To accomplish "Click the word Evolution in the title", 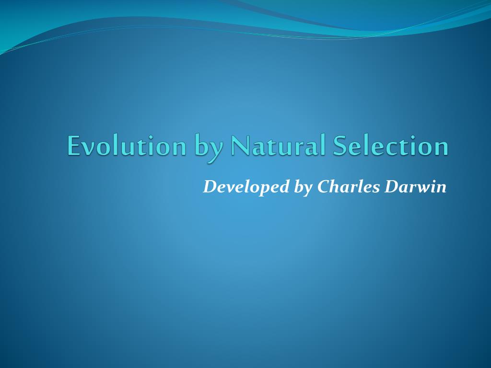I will pos(127,146).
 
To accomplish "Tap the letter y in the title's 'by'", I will pos(216,149).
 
